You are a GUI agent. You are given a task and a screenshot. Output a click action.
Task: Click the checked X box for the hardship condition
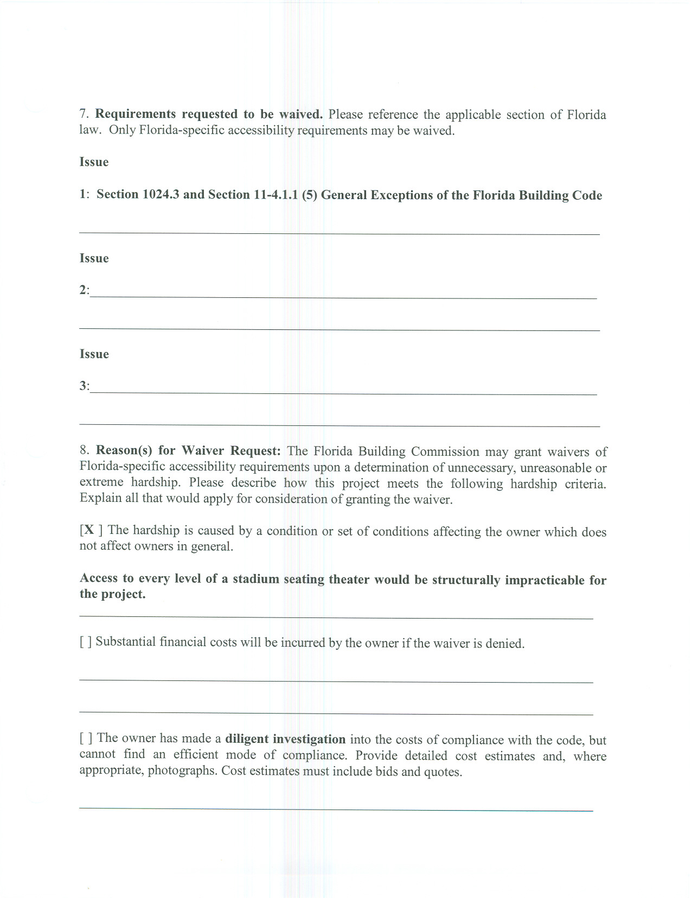click(x=91, y=530)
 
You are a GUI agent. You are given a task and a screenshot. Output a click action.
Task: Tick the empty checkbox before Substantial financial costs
click(x=86, y=642)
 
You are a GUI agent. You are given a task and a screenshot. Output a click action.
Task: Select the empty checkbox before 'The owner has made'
click(x=86, y=738)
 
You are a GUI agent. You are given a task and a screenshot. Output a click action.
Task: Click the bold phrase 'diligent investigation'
click(x=285, y=739)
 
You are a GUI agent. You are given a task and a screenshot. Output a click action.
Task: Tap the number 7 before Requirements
click(x=84, y=114)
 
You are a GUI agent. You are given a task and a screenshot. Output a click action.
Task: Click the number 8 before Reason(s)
click(x=84, y=450)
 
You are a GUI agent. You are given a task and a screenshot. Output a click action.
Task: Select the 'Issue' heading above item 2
click(x=94, y=258)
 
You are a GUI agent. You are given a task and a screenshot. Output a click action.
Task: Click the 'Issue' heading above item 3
click(x=94, y=354)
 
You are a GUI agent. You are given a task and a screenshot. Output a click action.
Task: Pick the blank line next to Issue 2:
click(x=343, y=296)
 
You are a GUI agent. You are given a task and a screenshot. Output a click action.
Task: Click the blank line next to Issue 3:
click(x=343, y=392)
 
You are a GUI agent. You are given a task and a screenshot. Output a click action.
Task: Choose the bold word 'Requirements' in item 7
click(x=136, y=114)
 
